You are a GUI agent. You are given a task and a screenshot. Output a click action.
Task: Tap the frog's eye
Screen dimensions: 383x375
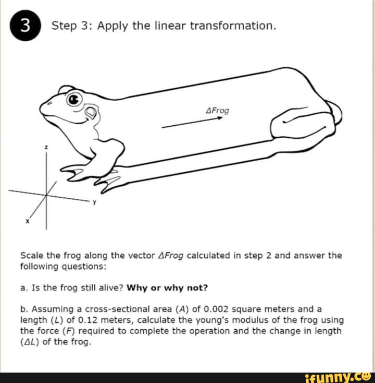(74, 98)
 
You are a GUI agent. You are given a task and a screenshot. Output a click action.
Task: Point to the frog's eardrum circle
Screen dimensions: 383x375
(91, 111)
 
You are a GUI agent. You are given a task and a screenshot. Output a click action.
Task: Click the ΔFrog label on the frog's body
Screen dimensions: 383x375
(217, 111)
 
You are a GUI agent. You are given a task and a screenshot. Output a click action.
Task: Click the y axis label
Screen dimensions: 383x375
(94, 205)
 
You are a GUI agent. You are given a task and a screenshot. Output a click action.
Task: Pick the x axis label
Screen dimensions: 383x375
(28, 222)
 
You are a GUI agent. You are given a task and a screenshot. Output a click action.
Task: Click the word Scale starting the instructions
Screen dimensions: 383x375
(31, 256)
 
